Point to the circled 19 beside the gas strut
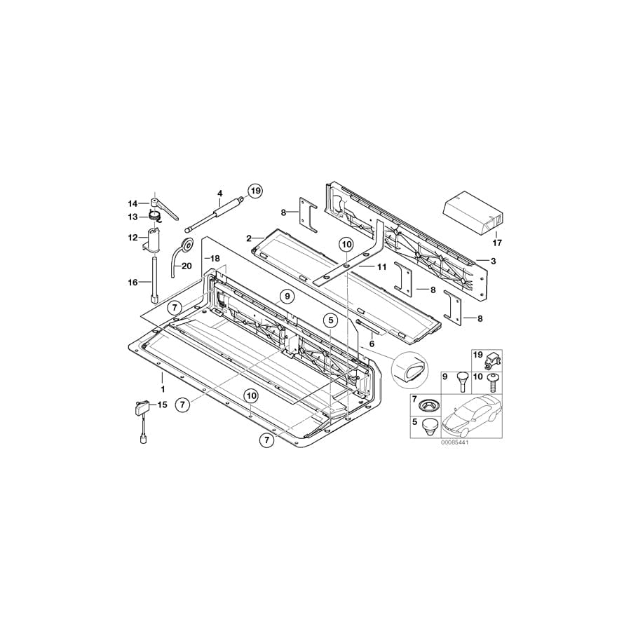(254, 190)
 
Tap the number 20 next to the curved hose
(186, 266)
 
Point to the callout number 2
(249, 238)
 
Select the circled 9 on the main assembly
(286, 297)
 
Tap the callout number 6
(372, 344)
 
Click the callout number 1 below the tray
(163, 388)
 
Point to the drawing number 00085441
(454, 443)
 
